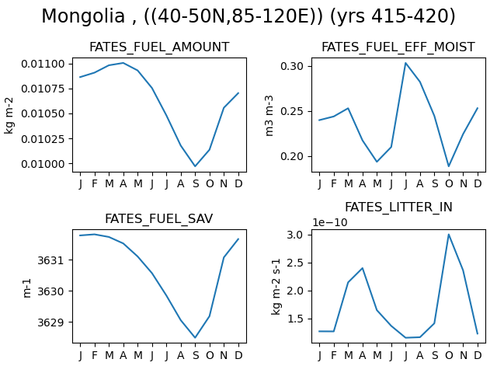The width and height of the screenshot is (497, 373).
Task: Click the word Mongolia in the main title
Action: click(x=83, y=16)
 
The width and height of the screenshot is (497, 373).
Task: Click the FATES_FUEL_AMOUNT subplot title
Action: click(x=159, y=47)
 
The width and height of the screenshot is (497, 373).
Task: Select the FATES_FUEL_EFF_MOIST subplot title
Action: click(x=398, y=47)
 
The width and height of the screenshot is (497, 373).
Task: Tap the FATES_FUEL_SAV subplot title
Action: click(x=158, y=219)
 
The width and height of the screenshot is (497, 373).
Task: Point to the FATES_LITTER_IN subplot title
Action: click(x=398, y=207)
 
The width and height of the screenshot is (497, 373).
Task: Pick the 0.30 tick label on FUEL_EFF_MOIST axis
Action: click(x=292, y=66)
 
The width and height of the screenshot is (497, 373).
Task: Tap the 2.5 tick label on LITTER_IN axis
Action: click(x=295, y=263)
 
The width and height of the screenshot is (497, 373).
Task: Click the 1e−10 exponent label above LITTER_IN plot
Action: click(x=330, y=223)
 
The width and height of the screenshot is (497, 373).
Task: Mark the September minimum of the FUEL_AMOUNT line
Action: click(x=195, y=166)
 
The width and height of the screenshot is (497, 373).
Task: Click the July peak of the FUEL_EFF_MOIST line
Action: click(x=405, y=63)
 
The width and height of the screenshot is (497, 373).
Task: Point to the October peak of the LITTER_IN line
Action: click(x=449, y=235)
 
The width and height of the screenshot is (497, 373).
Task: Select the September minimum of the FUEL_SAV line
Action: click(x=195, y=337)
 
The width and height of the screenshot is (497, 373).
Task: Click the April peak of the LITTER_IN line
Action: click(x=363, y=268)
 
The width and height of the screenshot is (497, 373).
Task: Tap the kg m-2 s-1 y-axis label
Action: click(x=276, y=287)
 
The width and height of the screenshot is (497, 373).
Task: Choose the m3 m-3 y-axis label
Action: click(x=269, y=116)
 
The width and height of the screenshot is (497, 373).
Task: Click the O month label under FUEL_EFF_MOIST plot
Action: click(x=449, y=183)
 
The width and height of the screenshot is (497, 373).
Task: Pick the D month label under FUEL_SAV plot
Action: click(x=238, y=355)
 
